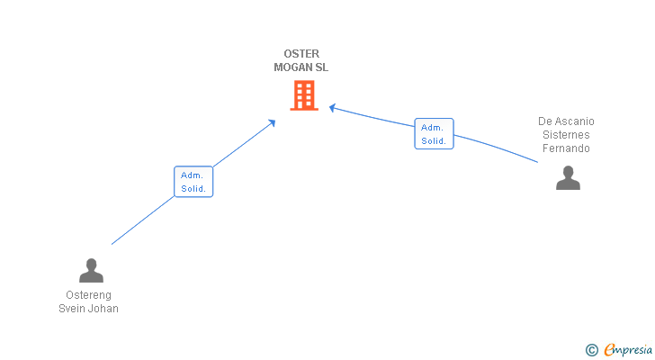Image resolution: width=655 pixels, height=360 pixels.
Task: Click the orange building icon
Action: [x=304, y=95]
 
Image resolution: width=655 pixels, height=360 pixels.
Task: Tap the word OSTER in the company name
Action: [x=301, y=54]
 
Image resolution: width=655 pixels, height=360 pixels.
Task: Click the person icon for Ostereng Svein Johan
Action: [x=91, y=270]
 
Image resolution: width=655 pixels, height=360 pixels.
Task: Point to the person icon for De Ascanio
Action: [x=568, y=178]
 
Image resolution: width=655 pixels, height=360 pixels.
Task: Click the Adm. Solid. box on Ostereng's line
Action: [x=193, y=182]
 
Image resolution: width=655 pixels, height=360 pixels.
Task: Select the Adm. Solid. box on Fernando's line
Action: [x=434, y=133]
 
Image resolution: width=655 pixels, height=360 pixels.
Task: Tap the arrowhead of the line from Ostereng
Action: [x=273, y=122]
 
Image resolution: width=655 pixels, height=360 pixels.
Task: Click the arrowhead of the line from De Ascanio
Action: [x=332, y=108]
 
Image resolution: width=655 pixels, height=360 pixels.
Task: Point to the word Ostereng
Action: [x=88, y=295]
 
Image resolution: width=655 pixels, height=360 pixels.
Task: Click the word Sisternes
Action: [x=566, y=135]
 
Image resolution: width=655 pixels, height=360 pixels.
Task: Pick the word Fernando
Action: [x=566, y=148]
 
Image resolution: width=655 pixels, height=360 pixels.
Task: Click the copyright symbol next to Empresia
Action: [x=591, y=350]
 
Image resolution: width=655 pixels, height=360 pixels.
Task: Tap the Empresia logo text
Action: [x=628, y=349]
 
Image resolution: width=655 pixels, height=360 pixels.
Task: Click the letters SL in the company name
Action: [x=322, y=67]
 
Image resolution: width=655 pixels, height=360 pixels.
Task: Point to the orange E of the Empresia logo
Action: [x=609, y=349]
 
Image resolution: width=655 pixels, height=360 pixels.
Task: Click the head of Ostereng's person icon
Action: [x=91, y=265]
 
